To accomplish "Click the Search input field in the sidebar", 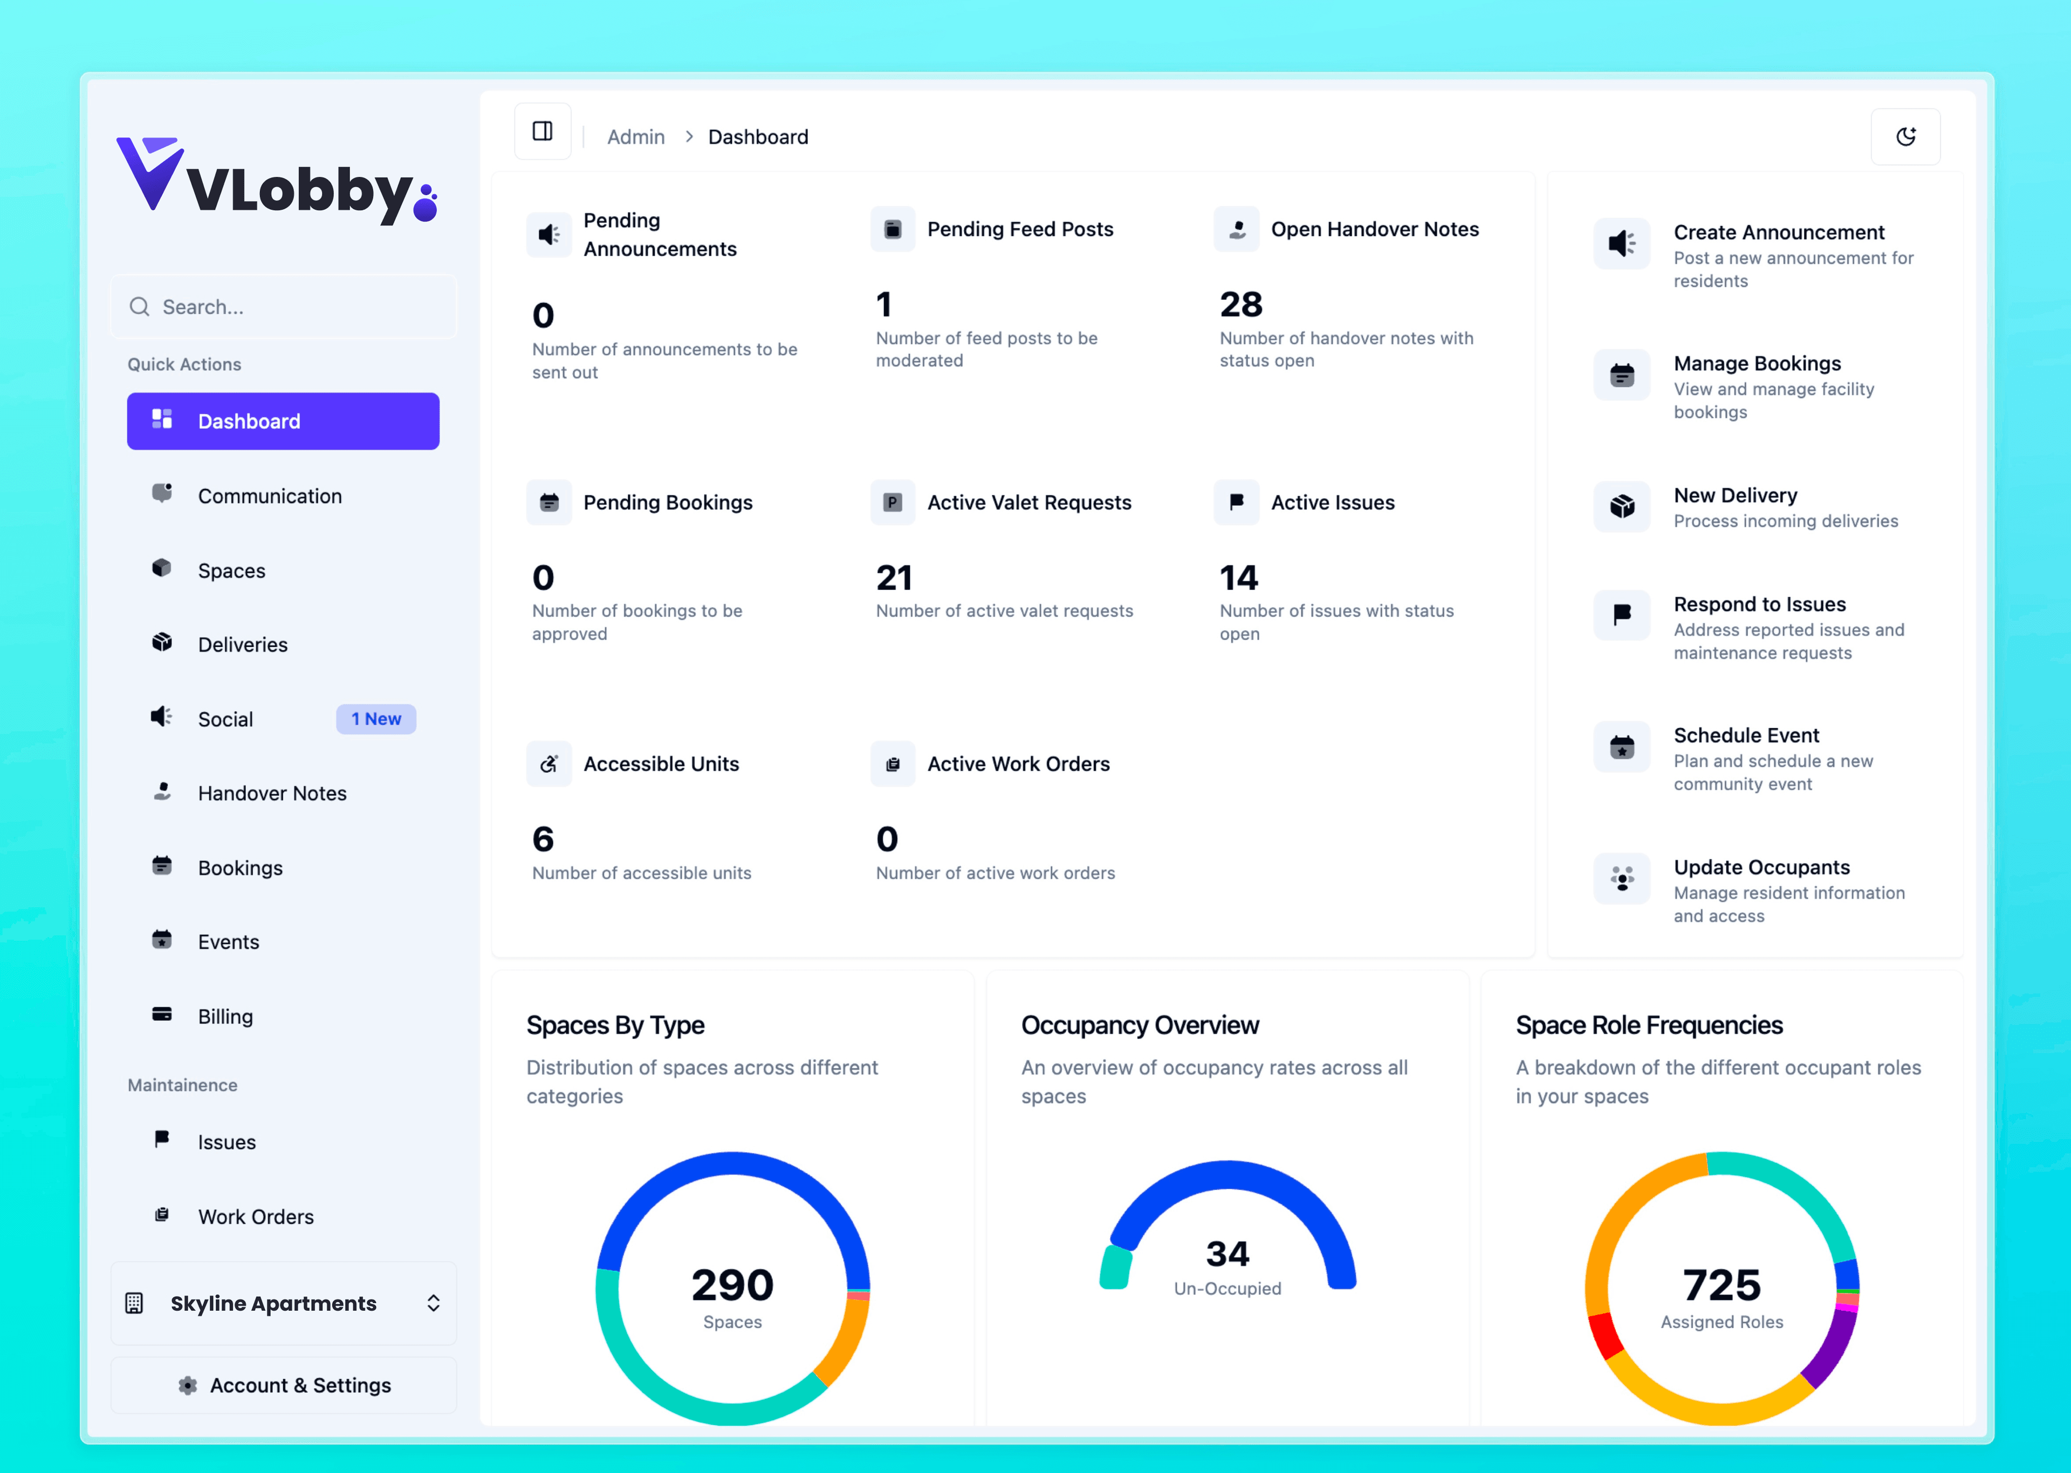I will [x=283, y=307].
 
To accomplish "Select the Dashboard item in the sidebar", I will [x=283, y=421].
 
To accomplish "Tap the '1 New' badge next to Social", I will [x=375, y=718].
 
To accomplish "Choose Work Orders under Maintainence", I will [x=255, y=1216].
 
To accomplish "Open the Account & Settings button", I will [x=283, y=1385].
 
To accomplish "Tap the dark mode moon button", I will [x=1905, y=137].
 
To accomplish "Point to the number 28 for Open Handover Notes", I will [x=1240, y=305].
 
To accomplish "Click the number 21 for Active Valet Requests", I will [x=894, y=578].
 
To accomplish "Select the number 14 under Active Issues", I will [x=1238, y=578].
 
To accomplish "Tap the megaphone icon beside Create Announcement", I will [x=1621, y=243].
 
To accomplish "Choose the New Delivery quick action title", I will [x=1734, y=495].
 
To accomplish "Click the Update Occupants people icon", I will [x=1621, y=878].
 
